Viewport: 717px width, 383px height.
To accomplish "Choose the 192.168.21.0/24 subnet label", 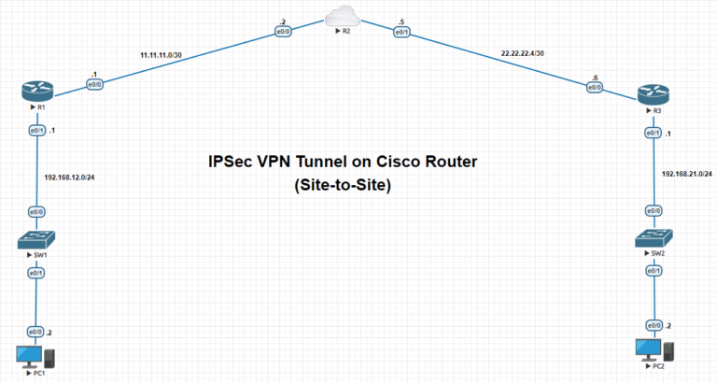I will [x=686, y=174].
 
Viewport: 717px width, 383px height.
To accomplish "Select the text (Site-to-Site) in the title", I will [x=342, y=186].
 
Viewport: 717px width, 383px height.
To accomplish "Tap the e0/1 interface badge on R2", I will [x=402, y=33].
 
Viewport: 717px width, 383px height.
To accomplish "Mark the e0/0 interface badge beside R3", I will [x=594, y=88].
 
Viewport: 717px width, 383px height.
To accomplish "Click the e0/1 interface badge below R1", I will [x=36, y=131].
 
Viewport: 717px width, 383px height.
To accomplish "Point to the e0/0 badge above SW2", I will [x=654, y=210].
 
